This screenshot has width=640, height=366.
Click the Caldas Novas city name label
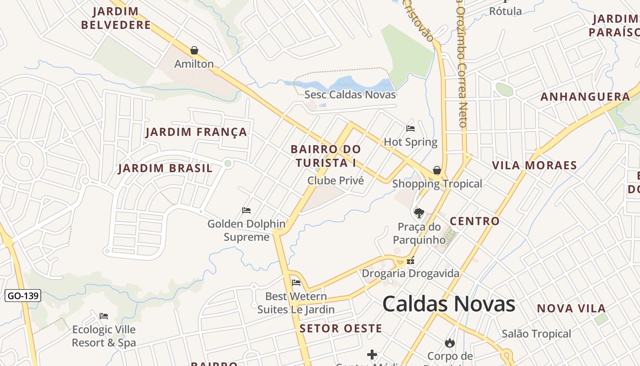pos(448,304)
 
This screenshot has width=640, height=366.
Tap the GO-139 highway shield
pos(23,296)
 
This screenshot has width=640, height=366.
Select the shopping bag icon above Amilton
pos(194,50)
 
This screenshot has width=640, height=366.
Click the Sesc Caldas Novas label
pos(350,95)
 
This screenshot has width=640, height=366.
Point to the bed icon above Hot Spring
pos(411,129)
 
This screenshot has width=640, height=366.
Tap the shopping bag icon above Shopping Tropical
pos(437,170)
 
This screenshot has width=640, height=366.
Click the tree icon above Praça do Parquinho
pos(419,213)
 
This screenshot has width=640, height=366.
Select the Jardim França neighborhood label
pos(196,132)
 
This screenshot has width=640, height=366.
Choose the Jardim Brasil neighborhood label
pos(165,168)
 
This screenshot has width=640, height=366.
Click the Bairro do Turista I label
pos(325,156)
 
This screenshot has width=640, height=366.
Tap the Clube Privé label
pos(336,181)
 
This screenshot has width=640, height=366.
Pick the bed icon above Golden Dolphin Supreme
pos(246,210)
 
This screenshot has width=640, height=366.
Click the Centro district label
pos(475,221)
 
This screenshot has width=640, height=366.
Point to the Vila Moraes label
pos(534,165)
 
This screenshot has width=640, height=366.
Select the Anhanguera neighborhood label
pos(585,97)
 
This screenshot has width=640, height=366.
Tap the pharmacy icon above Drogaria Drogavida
pos(411,261)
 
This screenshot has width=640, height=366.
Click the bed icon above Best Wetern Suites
pos(296,283)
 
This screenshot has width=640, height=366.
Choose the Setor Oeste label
pos(341,328)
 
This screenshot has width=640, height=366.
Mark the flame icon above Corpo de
pos(450,343)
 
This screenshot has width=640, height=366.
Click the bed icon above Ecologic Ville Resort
pos(104,316)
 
